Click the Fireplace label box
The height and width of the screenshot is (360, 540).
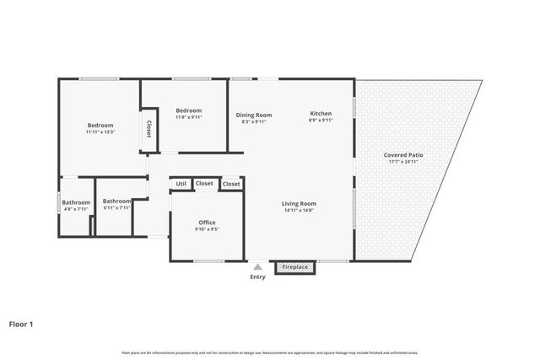[294, 267]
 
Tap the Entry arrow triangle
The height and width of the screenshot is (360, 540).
[257, 266]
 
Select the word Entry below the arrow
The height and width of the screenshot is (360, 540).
[257, 277]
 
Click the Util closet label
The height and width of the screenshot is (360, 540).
[181, 184]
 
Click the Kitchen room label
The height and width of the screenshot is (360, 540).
[321, 114]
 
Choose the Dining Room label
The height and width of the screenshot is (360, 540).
[253, 115]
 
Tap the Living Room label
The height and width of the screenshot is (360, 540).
[299, 203]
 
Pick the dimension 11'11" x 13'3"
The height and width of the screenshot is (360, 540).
[100, 132]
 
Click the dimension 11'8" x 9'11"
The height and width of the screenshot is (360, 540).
[189, 118]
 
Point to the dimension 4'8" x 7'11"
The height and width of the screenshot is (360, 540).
[76, 210]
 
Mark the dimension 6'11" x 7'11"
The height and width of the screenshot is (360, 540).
[117, 208]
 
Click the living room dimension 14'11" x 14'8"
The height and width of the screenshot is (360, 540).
[299, 211]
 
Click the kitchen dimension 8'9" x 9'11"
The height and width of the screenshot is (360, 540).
[321, 121]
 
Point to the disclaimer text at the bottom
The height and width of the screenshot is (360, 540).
[270, 352]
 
